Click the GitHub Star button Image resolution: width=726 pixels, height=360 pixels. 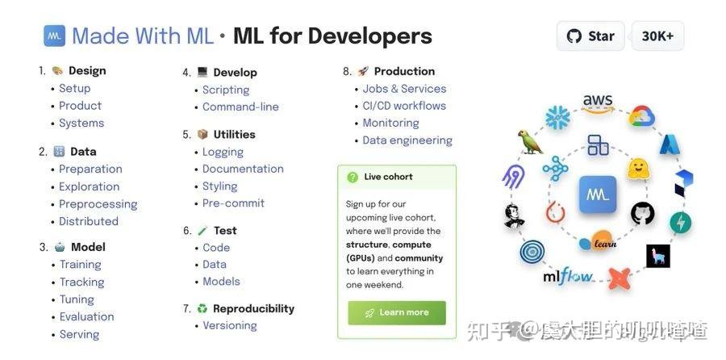590,36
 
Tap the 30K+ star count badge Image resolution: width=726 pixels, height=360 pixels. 657,36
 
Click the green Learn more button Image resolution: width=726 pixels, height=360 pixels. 397,312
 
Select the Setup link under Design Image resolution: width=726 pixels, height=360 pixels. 74,88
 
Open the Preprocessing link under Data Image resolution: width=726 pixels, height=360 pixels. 98,204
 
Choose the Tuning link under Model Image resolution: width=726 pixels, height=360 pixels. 77,299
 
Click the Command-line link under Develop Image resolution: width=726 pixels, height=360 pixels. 240,107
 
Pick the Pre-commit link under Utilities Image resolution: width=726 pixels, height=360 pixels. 233,203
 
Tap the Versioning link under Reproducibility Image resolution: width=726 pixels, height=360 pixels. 230,325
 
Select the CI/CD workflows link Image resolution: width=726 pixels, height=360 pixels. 404,106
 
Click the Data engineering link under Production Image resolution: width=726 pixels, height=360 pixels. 407,140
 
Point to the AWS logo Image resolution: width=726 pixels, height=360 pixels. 598,103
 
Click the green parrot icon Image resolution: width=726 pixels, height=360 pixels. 531,142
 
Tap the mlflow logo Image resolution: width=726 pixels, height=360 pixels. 568,277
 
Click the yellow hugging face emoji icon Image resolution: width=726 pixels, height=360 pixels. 639,169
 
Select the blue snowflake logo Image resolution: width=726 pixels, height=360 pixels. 557,117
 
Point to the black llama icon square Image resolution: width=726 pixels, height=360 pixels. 658,256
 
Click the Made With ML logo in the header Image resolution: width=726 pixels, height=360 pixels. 54,36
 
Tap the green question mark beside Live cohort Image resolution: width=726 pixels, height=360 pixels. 353,177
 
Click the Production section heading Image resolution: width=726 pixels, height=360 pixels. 404,71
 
